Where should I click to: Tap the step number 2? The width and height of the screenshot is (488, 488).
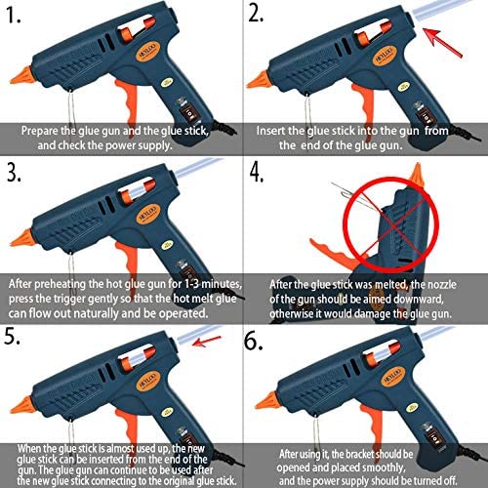pos(260,14)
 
